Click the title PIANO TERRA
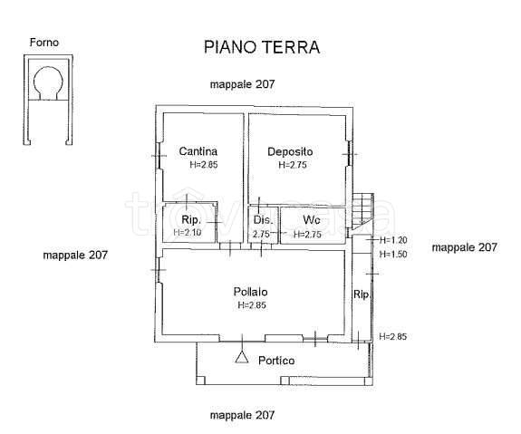click(261, 45)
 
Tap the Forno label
click(44, 42)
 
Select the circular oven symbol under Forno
click(47, 82)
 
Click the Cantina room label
click(198, 151)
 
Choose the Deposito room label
click(290, 151)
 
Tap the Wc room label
click(311, 220)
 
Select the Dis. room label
click(263, 220)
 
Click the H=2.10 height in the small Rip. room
click(188, 234)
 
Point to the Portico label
click(276, 361)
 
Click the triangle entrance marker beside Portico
click(241, 356)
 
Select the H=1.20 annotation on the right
click(394, 240)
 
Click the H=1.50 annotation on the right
click(394, 255)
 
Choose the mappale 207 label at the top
click(242, 83)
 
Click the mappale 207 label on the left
click(75, 256)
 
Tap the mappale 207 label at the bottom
click(242, 415)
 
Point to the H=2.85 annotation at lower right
click(393, 337)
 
